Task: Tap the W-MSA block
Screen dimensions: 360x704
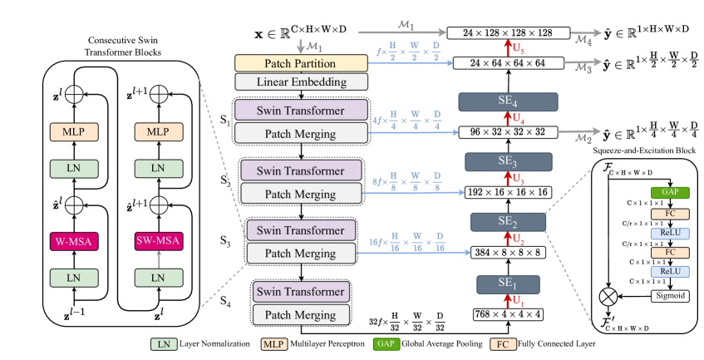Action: pos(74,241)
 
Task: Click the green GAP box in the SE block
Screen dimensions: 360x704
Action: pos(647,192)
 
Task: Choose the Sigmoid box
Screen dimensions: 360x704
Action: pos(647,294)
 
